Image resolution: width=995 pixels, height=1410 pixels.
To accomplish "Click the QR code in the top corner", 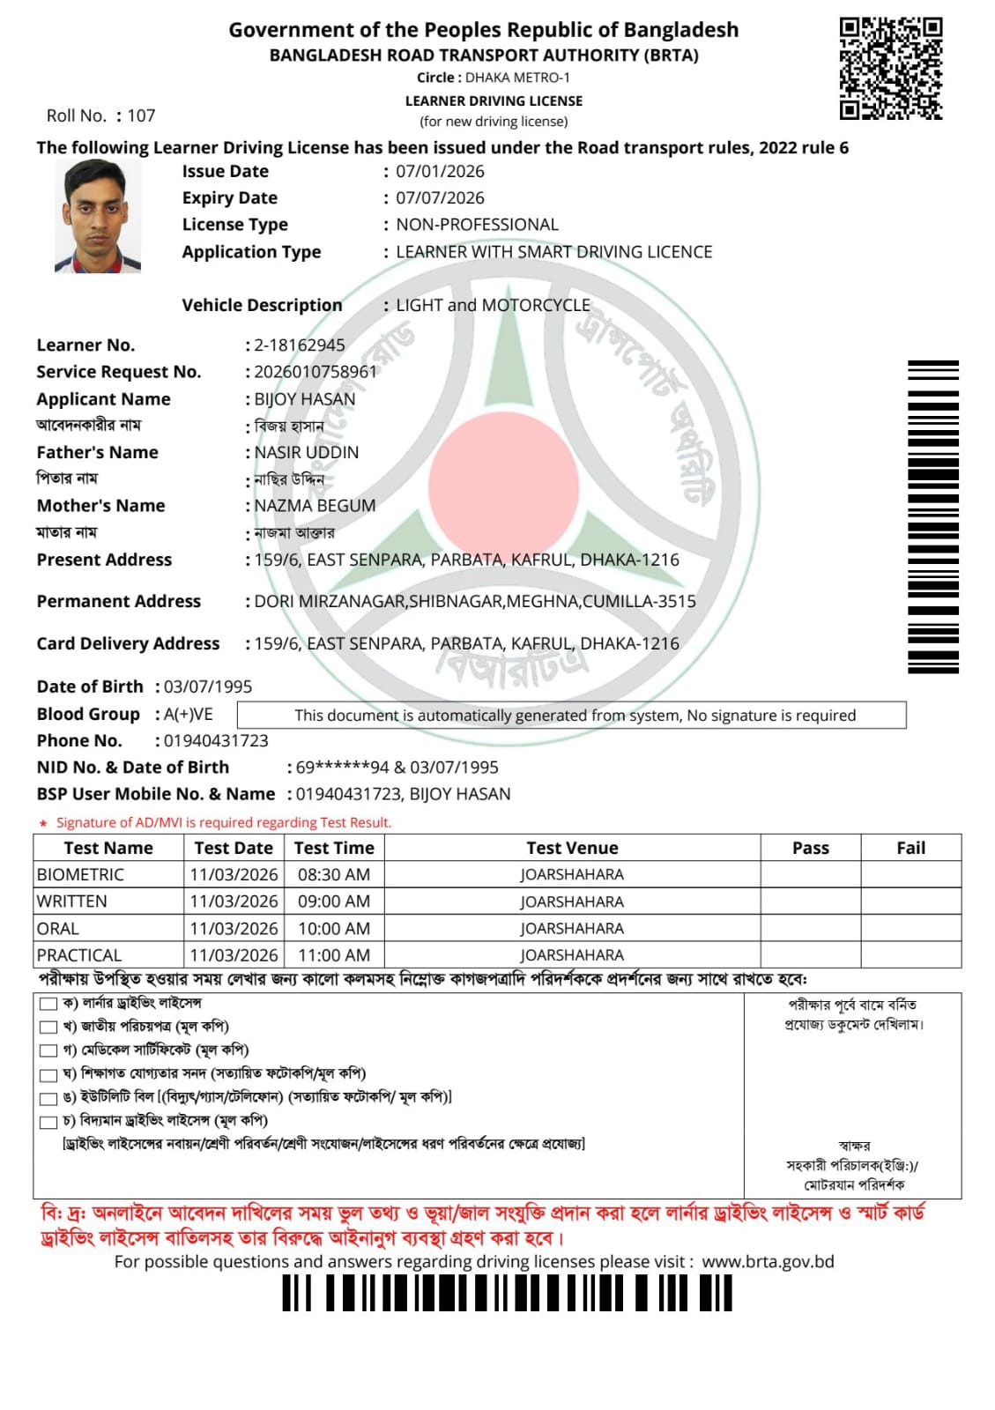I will click(x=891, y=68).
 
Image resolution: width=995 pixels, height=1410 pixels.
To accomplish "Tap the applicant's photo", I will click(x=97, y=216).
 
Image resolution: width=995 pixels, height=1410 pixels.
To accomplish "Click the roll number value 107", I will click(x=141, y=115).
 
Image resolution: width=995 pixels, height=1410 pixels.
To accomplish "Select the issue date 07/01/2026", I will click(x=440, y=172).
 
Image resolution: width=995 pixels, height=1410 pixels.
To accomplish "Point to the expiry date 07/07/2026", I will click(x=440, y=198).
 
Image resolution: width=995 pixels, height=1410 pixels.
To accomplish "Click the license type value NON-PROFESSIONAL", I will click(x=477, y=225).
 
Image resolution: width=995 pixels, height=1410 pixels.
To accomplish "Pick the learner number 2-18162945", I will click(x=300, y=345).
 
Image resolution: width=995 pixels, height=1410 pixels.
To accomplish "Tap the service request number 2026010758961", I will click(x=316, y=372).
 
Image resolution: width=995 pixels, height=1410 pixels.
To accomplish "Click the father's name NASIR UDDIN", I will click(x=307, y=453).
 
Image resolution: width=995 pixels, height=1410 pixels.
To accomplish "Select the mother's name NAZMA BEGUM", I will click(x=315, y=506).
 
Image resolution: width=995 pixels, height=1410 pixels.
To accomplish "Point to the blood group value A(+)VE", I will click(x=189, y=714).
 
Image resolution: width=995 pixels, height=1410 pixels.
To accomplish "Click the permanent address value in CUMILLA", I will click(x=475, y=602).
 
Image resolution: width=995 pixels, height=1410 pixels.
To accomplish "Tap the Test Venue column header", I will click(x=572, y=848).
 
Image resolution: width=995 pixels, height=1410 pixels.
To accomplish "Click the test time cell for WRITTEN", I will click(x=334, y=902).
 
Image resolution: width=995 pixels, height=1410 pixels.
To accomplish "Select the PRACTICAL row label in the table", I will click(x=79, y=955).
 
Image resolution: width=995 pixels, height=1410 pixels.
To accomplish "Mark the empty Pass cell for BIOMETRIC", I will click(x=810, y=874).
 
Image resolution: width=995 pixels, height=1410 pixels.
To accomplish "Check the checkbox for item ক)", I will click(x=48, y=1004).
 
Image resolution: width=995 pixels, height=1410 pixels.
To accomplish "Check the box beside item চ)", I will click(x=48, y=1122).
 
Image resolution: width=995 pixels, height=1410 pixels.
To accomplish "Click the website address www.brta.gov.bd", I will click(x=768, y=1262).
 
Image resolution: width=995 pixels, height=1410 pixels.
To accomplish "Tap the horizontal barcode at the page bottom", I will click(x=507, y=1294).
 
